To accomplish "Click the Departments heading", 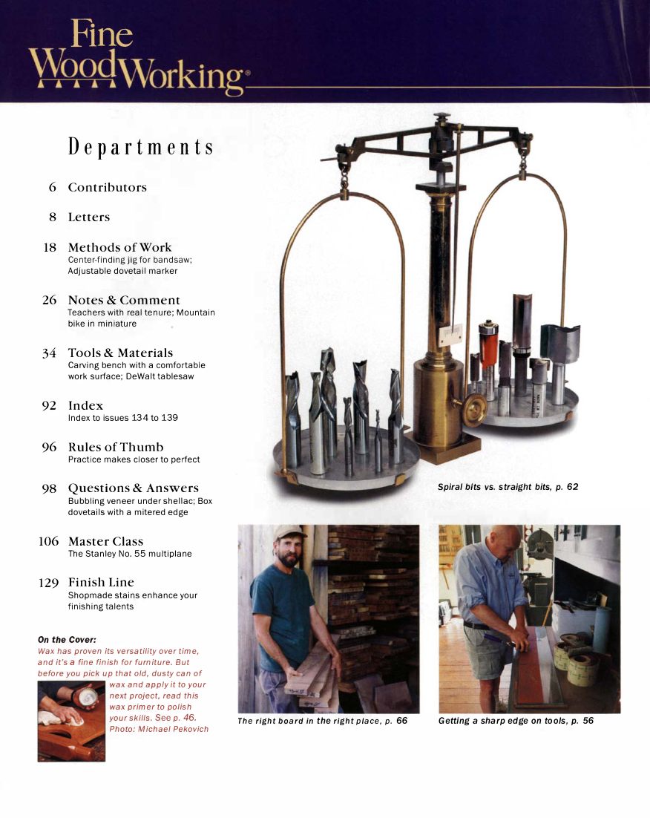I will coord(141,147).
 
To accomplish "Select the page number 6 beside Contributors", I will coord(53,188).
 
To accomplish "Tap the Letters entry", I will coord(88,217).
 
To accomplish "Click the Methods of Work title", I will coord(119,247).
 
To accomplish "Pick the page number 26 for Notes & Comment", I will coord(49,301).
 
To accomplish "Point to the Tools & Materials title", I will coord(120,353).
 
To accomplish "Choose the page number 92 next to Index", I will coord(49,406).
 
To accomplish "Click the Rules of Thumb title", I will coord(116,447).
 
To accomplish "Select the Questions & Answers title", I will coord(134,488).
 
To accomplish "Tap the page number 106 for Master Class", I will coord(48,542).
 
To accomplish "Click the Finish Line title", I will coord(101,583).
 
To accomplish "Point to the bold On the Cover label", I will coord(67,639).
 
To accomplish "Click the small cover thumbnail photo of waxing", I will coord(71,721).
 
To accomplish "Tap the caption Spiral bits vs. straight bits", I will coord(508,488).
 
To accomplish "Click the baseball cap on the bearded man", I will coord(289,531).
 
